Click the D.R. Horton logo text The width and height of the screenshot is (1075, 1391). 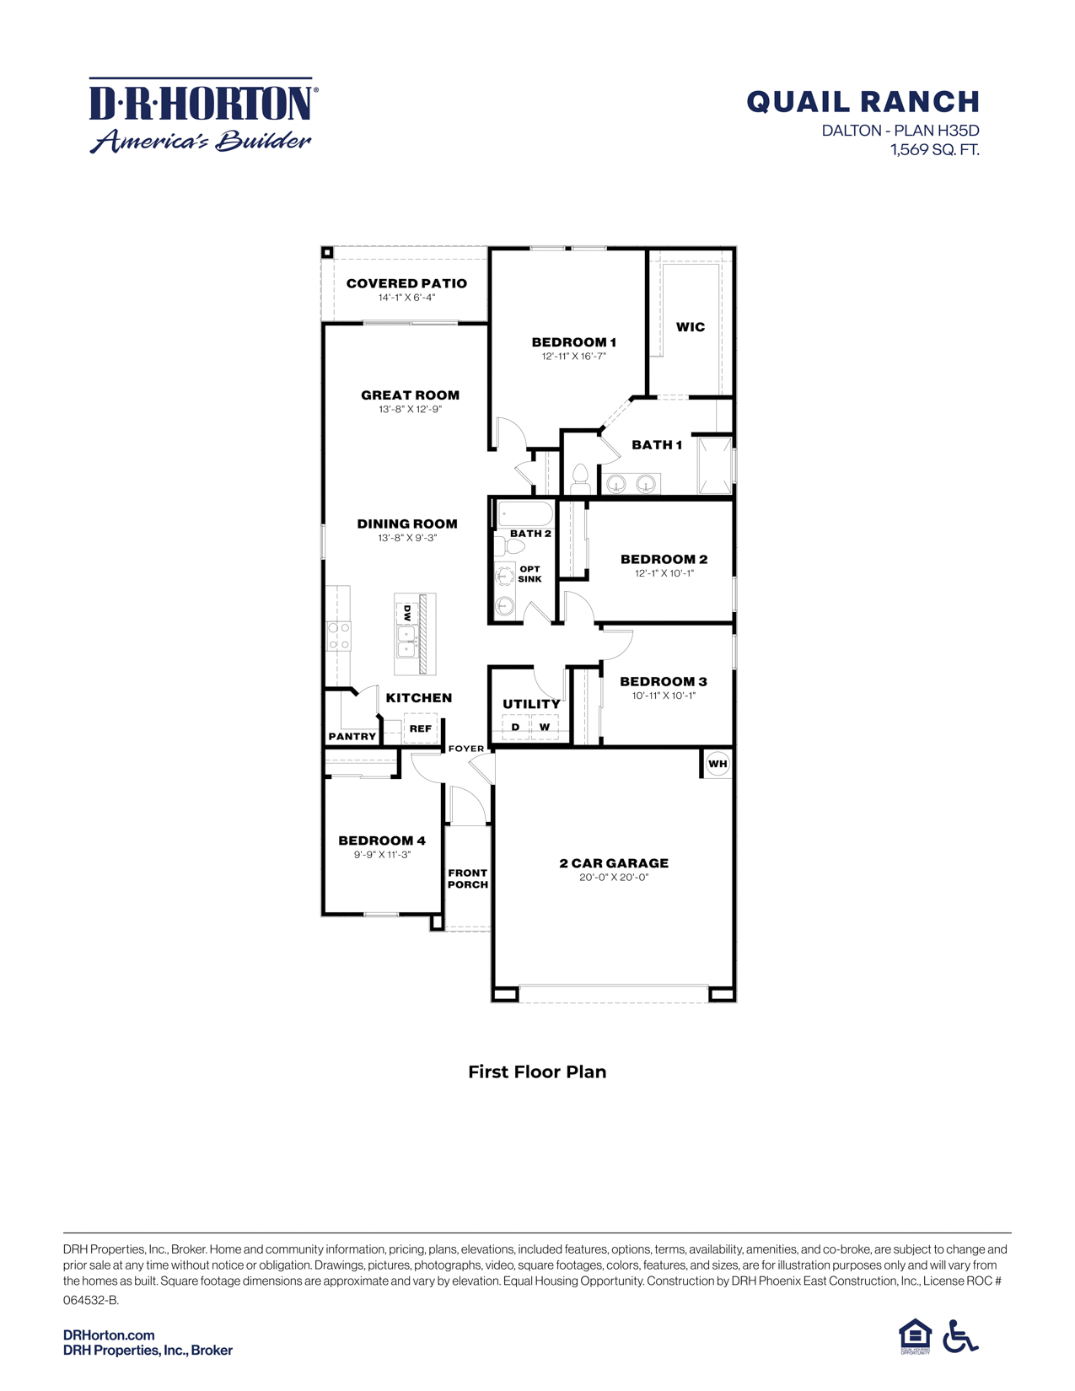pos(202,103)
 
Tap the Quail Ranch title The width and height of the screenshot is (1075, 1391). pos(863,102)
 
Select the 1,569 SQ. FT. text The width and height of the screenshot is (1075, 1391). pos(934,150)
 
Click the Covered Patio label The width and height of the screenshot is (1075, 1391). pos(406,283)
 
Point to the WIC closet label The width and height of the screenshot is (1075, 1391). pos(691,327)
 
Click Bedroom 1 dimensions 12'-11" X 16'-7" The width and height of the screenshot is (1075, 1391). pos(573,357)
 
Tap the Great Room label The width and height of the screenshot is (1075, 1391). pos(410,395)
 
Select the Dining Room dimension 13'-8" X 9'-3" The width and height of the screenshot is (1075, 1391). pos(407,538)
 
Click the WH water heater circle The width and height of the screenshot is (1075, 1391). pos(718,764)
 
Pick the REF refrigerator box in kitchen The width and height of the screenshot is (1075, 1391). pos(420,728)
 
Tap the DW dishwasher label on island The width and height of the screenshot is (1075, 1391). pos(407,613)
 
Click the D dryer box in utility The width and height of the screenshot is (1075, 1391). pos(516,727)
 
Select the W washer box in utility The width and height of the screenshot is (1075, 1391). pos(545,727)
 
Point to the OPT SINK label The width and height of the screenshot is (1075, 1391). pos(529,574)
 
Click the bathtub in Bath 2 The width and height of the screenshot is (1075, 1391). pos(524,513)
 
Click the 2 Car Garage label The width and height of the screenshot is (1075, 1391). pos(614,863)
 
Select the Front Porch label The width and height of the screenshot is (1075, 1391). pos(467,878)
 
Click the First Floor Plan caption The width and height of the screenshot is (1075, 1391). pos(537,1071)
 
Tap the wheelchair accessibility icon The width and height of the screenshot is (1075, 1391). pos(959,1336)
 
